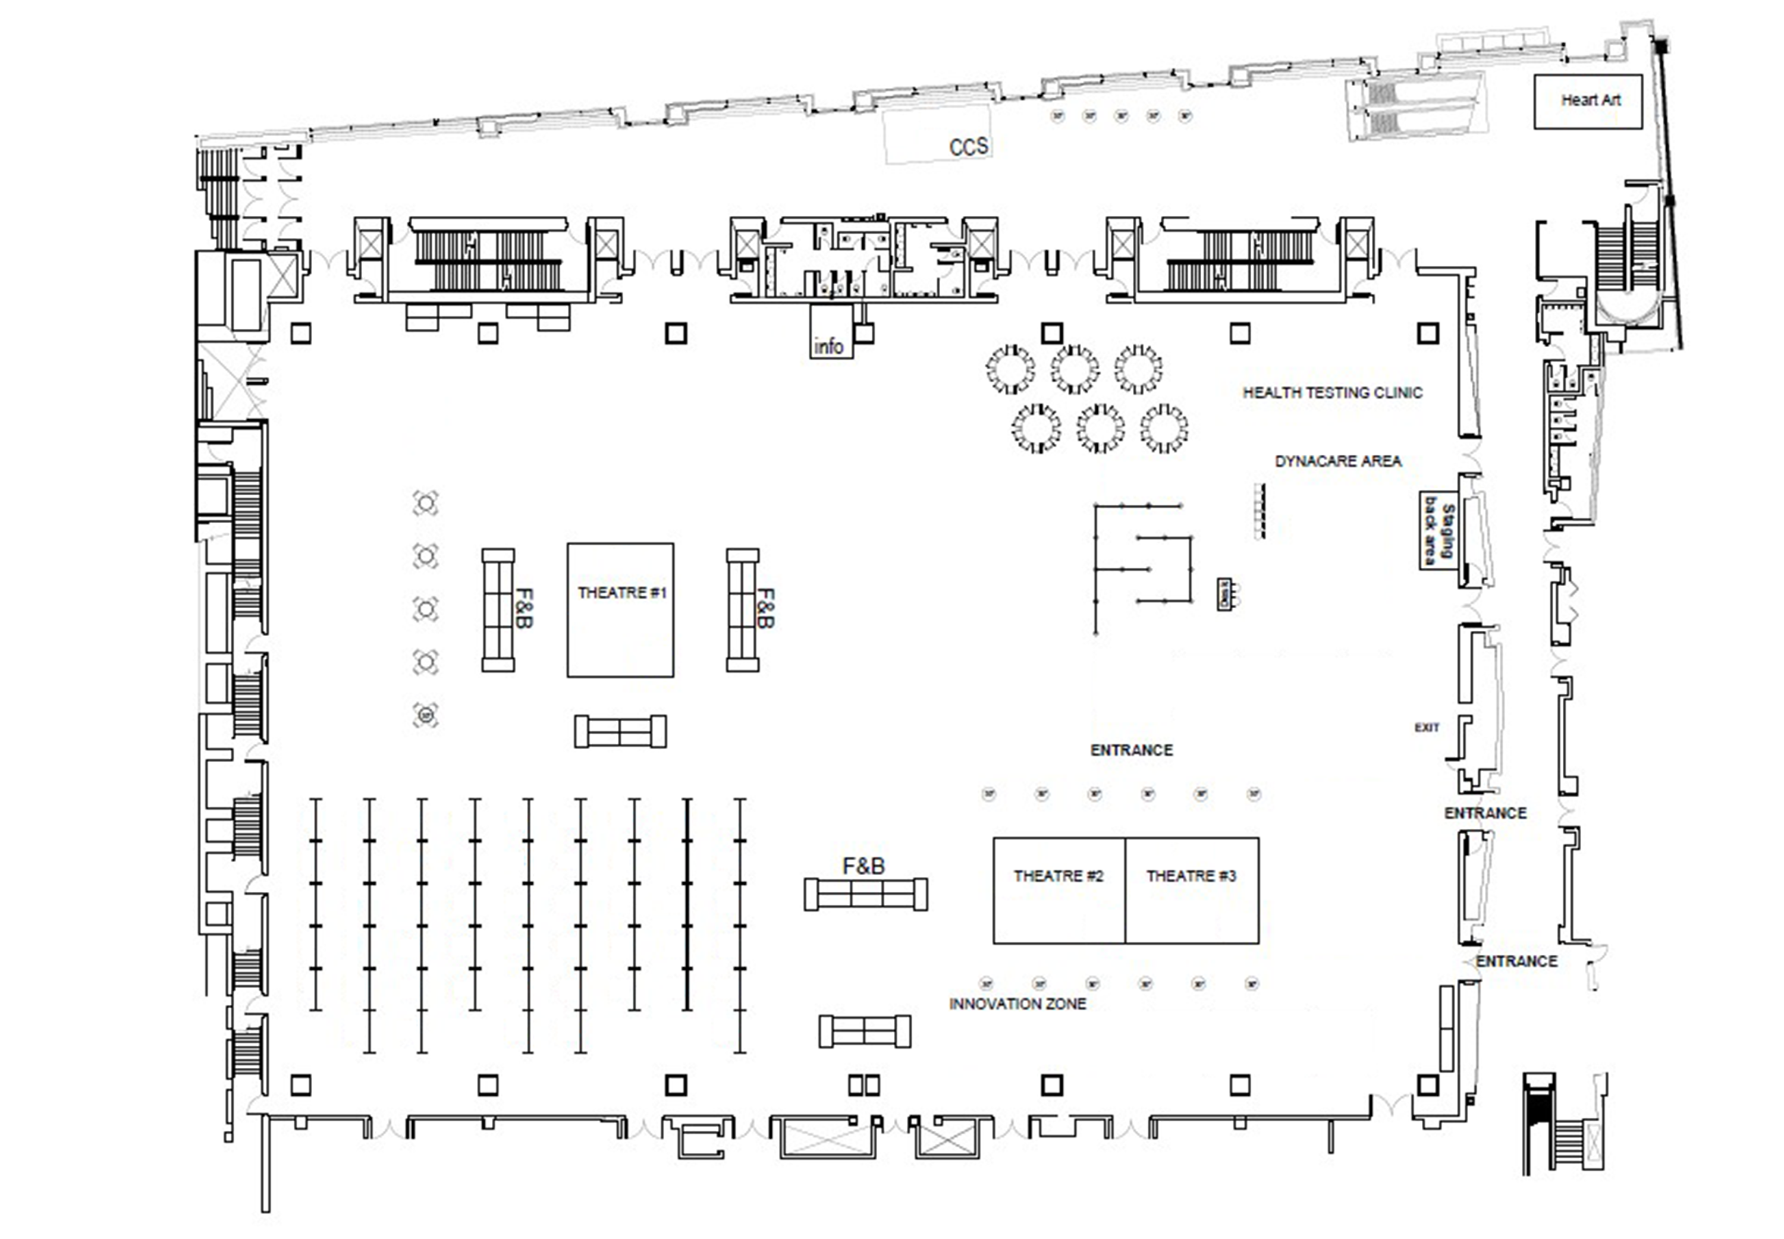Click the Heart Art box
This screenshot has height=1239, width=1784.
coord(1588,101)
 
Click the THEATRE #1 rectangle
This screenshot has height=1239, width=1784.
coord(620,610)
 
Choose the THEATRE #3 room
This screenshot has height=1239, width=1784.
coord(1192,891)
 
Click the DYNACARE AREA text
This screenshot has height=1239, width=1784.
coord(1337,461)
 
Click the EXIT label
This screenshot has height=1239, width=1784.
coord(1426,728)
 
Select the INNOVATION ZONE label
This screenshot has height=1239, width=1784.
coord(1017,1004)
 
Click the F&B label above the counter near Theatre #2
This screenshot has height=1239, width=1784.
coord(863,866)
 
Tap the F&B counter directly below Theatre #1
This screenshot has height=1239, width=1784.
coord(620,731)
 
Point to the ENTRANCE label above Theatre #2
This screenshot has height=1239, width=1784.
coord(1131,750)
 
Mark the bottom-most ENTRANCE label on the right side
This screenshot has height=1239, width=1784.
coord(1516,961)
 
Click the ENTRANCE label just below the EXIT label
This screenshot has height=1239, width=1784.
coord(1485,813)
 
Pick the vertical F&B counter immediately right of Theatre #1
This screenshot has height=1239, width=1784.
coord(742,610)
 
